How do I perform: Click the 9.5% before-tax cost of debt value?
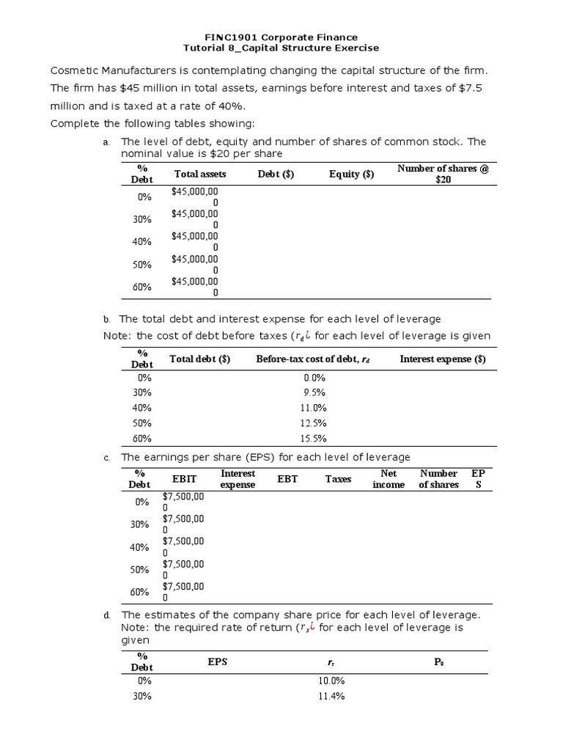click(314, 392)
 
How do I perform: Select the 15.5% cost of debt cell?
click(314, 439)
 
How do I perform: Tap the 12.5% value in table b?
click(314, 423)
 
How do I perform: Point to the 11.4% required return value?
click(331, 696)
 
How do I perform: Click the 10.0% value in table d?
click(331, 681)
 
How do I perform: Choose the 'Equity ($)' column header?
click(351, 174)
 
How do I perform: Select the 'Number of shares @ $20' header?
click(443, 174)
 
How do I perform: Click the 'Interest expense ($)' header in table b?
click(443, 359)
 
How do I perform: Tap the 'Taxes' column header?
click(338, 479)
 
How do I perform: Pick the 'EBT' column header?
click(287, 479)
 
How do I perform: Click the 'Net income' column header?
click(389, 479)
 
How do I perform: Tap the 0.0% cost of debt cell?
click(314, 377)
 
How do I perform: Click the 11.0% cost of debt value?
click(314, 408)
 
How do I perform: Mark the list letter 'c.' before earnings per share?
click(106, 458)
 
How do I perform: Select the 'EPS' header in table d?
click(218, 662)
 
